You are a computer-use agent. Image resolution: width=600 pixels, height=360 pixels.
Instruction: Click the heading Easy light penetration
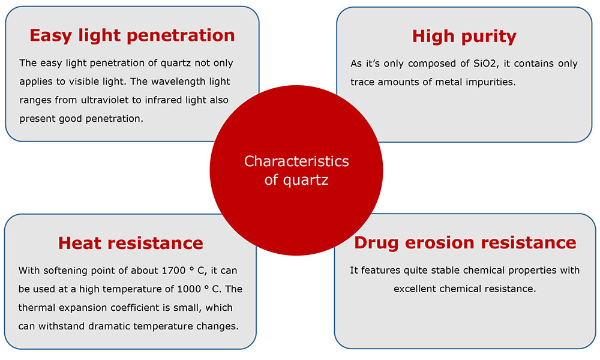click(132, 35)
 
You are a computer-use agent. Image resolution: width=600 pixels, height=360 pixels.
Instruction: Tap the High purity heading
click(464, 37)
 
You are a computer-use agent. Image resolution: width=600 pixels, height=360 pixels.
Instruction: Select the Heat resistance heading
click(130, 244)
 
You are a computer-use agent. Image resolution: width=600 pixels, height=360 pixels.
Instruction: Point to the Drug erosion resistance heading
click(465, 242)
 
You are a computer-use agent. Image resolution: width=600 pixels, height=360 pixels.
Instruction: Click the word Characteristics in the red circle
click(296, 161)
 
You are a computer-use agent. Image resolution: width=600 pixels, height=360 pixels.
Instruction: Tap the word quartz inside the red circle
click(306, 180)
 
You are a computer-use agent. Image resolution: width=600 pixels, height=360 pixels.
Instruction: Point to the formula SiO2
click(486, 64)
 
